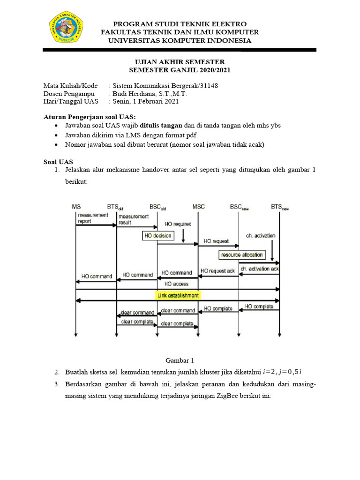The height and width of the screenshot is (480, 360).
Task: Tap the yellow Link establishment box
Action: pyautogui.click(x=178, y=295)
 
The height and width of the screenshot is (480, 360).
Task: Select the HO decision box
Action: pyautogui.click(x=158, y=235)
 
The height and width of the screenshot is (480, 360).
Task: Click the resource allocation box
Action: pyautogui.click(x=241, y=255)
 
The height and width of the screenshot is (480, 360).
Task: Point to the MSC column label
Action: pyautogui.click(x=198, y=207)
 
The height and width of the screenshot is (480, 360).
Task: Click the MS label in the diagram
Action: pyautogui.click(x=76, y=207)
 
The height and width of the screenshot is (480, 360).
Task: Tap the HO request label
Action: pyautogui.click(x=216, y=241)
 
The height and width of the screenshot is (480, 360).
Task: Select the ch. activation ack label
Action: pyautogui.click(x=259, y=269)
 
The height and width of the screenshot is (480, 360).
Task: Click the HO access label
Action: pyautogui.click(x=177, y=284)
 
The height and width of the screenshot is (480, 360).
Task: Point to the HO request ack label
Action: pyautogui.click(x=217, y=270)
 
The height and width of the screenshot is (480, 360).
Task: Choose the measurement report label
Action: pyautogui.click(x=90, y=218)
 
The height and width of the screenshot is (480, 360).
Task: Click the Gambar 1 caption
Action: pyautogui.click(x=180, y=360)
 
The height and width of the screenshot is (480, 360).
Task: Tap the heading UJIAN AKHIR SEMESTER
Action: pyautogui.click(x=180, y=62)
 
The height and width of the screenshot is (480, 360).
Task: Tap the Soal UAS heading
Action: pyautogui.click(x=56, y=161)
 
